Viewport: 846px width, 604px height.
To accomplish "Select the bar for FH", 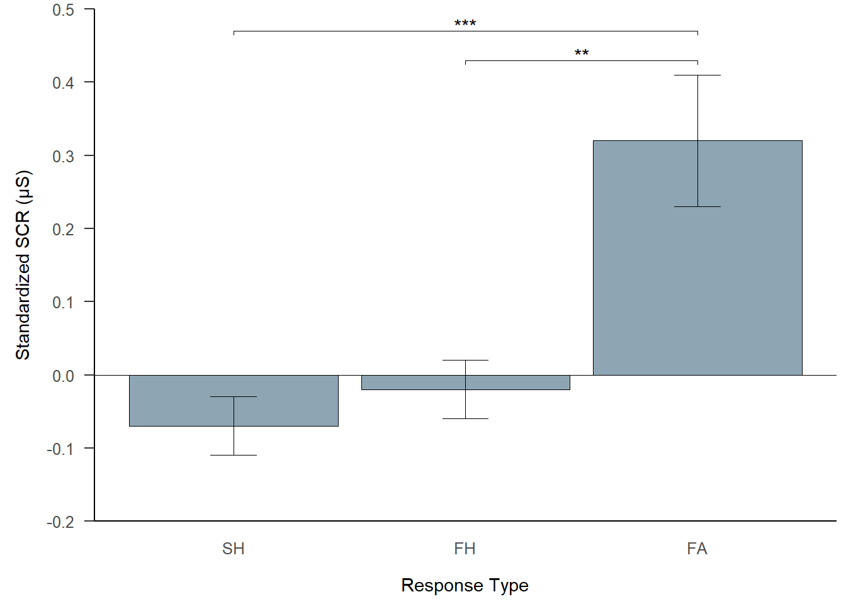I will click(516, 383).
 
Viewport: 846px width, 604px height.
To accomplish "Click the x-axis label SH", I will click(233, 549).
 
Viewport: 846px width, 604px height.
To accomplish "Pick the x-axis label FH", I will click(465, 549).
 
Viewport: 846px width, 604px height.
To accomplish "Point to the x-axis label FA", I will click(697, 549).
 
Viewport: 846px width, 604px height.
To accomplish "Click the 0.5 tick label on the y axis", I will click(63, 10).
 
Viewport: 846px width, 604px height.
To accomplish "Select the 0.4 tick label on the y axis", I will click(63, 83).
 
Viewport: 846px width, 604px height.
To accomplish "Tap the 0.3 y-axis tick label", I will click(63, 156).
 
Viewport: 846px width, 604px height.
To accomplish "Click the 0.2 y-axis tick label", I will click(63, 229).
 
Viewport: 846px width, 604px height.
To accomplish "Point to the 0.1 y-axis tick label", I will click(63, 303).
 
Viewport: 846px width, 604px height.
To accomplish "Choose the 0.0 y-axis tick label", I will click(63, 376).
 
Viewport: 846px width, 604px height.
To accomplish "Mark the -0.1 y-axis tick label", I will click(60, 449).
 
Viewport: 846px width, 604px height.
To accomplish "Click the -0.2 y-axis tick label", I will click(60, 522).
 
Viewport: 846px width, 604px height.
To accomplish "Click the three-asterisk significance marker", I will click(465, 24).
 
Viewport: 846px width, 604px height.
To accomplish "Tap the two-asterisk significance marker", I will click(582, 53).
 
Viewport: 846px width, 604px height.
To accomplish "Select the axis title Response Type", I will click(465, 585).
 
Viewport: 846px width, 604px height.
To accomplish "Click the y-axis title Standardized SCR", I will click(23, 264).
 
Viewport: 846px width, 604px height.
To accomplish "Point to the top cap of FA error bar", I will click(697, 75).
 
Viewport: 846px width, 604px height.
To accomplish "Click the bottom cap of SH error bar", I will click(234, 455).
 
